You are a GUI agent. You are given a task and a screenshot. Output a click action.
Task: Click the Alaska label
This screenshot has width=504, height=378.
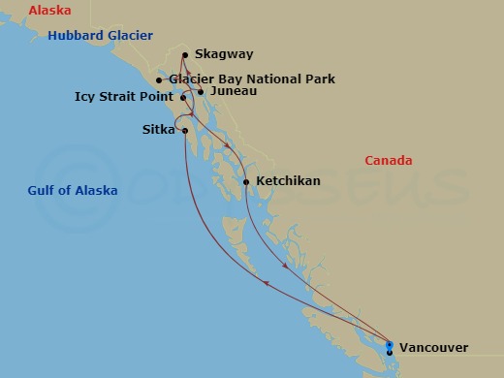coord(50,11)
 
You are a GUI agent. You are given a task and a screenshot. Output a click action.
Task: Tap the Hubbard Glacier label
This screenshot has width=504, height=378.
coord(101,35)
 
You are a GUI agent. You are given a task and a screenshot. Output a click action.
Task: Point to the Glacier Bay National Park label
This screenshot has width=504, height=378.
coord(252,79)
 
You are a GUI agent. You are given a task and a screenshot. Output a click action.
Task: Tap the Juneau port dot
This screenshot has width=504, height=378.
coord(201,92)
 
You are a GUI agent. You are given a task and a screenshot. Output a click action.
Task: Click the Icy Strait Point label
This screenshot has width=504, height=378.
coord(125,97)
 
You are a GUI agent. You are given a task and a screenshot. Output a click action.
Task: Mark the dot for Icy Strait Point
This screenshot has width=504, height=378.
coord(182,97)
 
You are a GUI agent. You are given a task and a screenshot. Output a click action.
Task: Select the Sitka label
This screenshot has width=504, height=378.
coord(158,129)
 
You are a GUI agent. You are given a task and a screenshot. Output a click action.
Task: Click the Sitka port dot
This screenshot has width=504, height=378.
coord(184,130)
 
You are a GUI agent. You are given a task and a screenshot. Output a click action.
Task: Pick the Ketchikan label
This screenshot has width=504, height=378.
coord(288,181)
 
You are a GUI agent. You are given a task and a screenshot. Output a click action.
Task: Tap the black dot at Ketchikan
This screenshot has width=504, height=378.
coord(246,181)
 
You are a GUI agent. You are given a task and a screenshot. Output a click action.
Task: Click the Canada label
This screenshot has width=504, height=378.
coord(388,160)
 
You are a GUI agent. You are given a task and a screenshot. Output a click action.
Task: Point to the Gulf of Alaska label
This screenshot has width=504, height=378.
coord(73,191)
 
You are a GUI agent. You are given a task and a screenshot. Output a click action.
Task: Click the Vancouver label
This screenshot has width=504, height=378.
coord(433,347)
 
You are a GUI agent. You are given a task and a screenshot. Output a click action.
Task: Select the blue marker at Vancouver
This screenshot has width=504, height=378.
coord(390,345)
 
